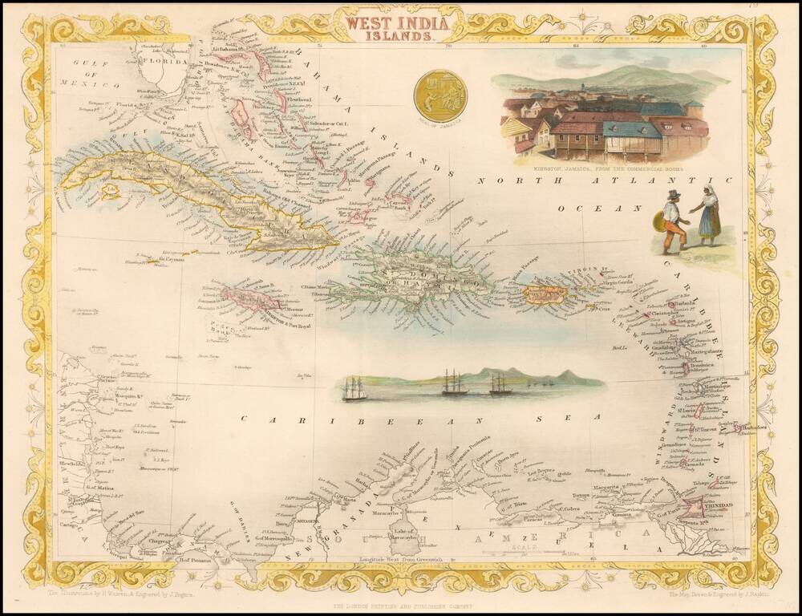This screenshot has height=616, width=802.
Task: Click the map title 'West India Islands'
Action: (391, 24)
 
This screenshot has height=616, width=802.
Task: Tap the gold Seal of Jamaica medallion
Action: (440, 95)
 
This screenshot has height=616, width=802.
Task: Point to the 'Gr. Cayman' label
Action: (168, 260)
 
